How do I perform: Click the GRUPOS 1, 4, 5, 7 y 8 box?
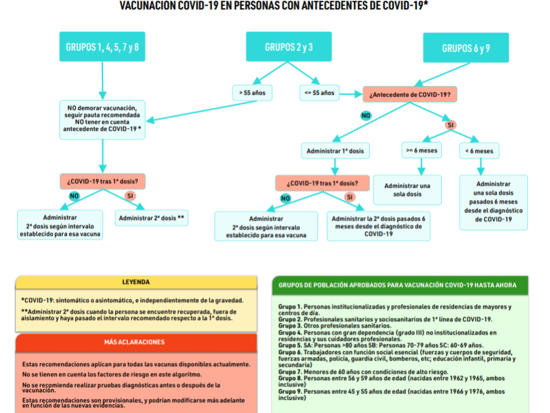coord(102,47)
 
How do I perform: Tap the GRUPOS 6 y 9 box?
coord(466,48)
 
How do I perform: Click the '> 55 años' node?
coord(252,92)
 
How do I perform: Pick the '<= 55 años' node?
coord(319,92)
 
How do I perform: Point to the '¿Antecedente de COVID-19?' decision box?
coord(409,94)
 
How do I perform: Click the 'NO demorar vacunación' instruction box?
coord(102,119)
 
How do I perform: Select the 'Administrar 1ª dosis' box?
coord(335,151)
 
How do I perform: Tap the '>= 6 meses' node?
coord(420,151)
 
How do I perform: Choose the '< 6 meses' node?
coord(479,151)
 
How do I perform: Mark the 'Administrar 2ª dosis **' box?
coord(151,218)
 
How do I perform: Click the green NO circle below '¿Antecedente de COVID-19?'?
coord(366,115)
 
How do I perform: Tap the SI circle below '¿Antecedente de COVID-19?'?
coord(451,125)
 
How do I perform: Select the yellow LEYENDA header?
coord(136,282)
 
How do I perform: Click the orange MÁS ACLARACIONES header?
coord(136,342)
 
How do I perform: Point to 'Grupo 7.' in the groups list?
coord(289,371)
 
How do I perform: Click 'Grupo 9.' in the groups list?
coord(289,391)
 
